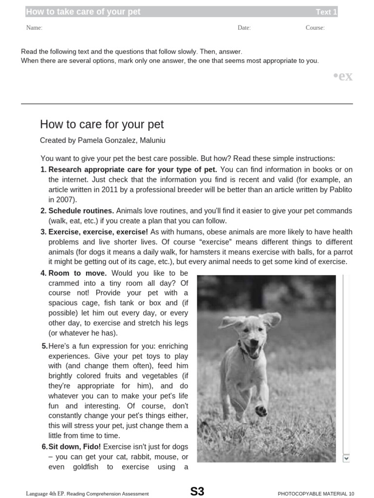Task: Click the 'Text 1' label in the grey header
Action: click(326, 12)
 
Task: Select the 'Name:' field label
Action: click(34, 28)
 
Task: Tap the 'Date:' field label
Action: click(244, 28)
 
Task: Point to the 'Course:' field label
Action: click(315, 28)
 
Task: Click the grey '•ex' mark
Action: click(342, 76)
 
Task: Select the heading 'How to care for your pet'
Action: click(102, 124)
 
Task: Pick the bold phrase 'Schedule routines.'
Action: click(81, 211)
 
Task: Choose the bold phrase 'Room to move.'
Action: click(77, 273)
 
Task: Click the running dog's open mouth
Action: click(253, 348)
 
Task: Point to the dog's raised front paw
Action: click(262, 411)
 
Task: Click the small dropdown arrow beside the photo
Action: click(346, 458)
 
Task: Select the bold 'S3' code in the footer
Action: click(197, 492)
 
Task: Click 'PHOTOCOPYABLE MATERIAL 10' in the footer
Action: click(316, 494)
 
